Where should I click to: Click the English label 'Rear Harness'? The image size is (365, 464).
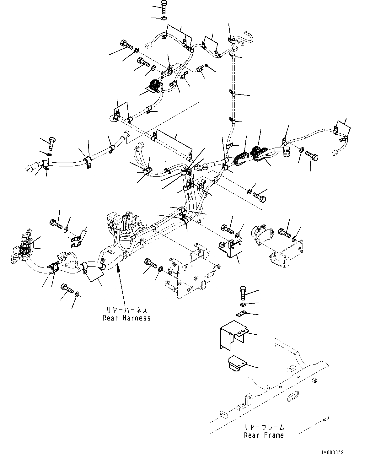pyautogui.click(x=126, y=318)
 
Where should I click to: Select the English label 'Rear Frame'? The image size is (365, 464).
pyautogui.click(x=264, y=435)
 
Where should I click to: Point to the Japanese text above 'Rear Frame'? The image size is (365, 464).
pyautogui.click(x=264, y=427)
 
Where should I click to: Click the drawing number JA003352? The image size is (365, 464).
pyautogui.click(x=332, y=452)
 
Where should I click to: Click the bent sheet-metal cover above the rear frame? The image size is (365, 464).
pyautogui.click(x=232, y=334)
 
